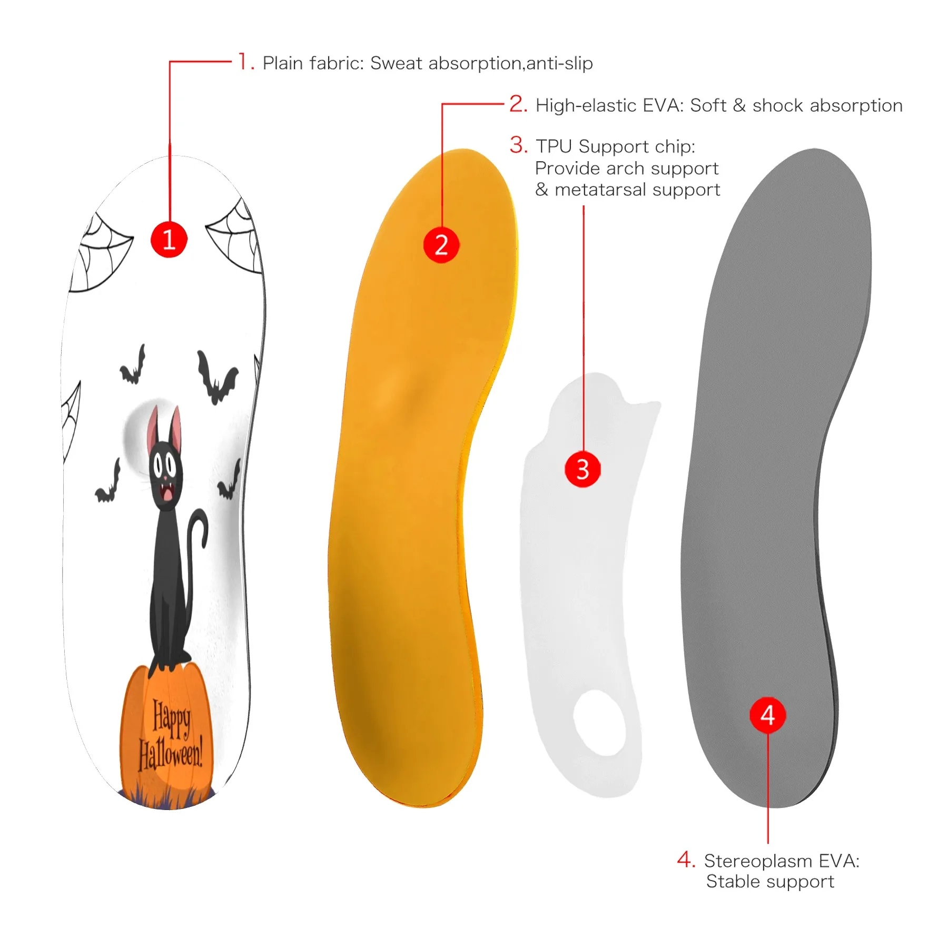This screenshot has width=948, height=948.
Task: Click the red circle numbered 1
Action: pyautogui.click(x=169, y=240)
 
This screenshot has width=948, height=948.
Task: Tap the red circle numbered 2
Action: pyautogui.click(x=441, y=245)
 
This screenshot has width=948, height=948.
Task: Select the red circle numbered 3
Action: pyautogui.click(x=582, y=469)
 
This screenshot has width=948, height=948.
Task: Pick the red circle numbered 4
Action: pyautogui.click(x=767, y=715)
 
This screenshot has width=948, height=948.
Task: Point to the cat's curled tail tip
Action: pyautogui.click(x=203, y=542)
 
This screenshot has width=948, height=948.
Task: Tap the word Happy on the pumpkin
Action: pyautogui.click(x=171, y=717)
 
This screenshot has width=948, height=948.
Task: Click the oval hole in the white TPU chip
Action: pyautogui.click(x=600, y=723)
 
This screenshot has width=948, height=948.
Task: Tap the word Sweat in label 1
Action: pyautogui.click(x=396, y=63)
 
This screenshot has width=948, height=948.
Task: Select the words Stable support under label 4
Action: pyautogui.click(x=770, y=882)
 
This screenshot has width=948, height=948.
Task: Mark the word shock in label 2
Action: pyautogui.click(x=777, y=105)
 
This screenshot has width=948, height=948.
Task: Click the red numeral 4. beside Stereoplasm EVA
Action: pyautogui.click(x=686, y=860)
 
